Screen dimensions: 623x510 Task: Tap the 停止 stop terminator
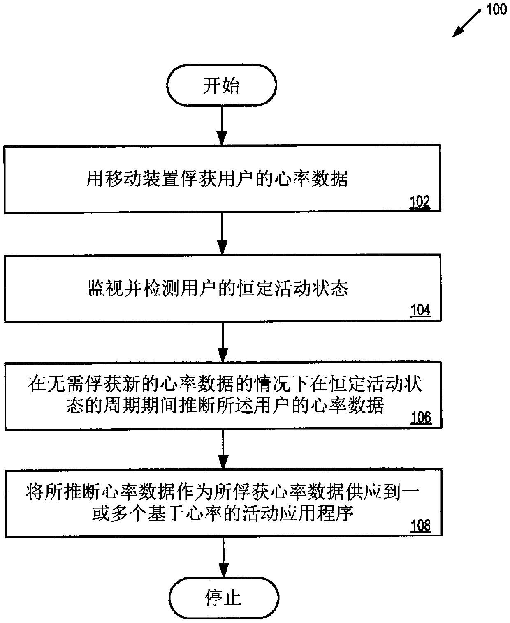[223, 597]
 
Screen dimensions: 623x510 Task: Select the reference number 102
[420, 202]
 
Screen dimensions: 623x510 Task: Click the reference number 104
[420, 310]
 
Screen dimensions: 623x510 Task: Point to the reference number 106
[421, 418]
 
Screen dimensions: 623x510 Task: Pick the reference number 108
[421, 526]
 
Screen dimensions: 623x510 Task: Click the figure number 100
[496, 9]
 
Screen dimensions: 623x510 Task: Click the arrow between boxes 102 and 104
[222, 233]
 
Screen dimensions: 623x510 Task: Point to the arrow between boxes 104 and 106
[223, 341]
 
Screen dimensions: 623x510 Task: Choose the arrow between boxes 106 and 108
[223, 449]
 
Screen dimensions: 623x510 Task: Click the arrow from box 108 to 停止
[223, 557]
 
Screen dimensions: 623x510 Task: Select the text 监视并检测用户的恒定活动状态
[218, 288]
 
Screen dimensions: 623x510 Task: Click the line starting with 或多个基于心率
[223, 514]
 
